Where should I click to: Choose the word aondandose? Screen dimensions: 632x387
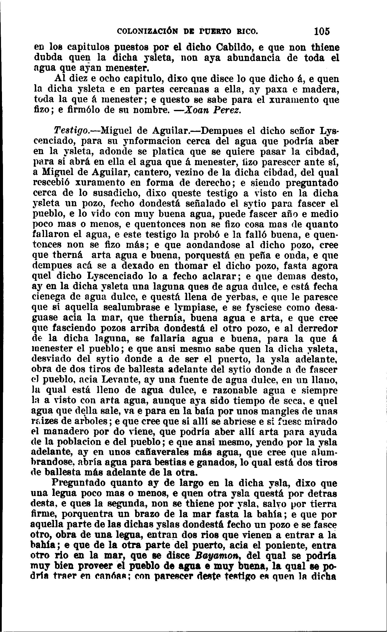point(214,245)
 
